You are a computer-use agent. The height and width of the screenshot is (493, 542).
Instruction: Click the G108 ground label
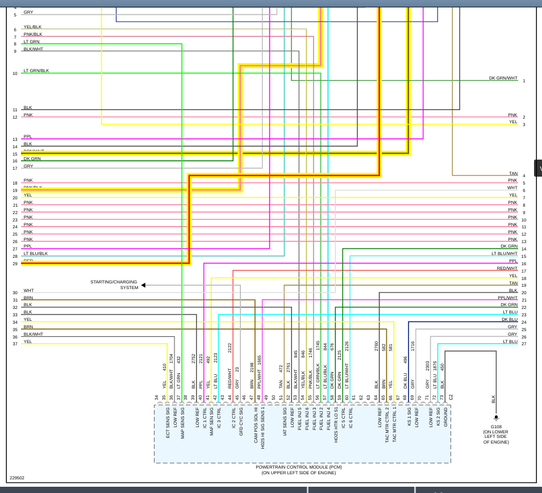point(496,427)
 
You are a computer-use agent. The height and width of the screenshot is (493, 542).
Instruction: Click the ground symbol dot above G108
point(496,417)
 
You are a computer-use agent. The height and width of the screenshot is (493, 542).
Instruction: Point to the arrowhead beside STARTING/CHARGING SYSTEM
point(143,285)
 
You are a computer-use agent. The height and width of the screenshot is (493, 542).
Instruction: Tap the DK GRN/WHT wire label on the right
point(503,78)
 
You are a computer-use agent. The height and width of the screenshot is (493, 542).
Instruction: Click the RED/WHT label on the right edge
point(507,268)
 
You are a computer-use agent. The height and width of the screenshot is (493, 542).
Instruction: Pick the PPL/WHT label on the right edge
point(507,298)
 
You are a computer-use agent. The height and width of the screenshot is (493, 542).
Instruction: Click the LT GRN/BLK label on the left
point(36,71)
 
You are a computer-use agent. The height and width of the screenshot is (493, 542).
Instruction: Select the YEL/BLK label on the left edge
point(32,27)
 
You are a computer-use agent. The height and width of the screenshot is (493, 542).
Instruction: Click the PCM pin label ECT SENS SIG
point(168,423)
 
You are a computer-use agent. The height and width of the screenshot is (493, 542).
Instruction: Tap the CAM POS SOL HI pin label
point(256,425)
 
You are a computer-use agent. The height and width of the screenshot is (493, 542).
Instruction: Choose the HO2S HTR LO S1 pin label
point(336,425)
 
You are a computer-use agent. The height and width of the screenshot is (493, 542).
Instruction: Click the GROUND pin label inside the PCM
point(445,417)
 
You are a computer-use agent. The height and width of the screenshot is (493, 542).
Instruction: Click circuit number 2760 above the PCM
point(376,346)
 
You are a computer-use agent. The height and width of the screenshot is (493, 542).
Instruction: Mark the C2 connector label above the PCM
point(451,398)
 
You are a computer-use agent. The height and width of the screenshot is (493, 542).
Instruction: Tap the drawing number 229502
point(17,478)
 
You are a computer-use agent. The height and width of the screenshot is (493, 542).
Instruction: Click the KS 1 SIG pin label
point(409,416)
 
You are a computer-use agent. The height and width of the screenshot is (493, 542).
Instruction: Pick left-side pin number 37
point(15,344)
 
